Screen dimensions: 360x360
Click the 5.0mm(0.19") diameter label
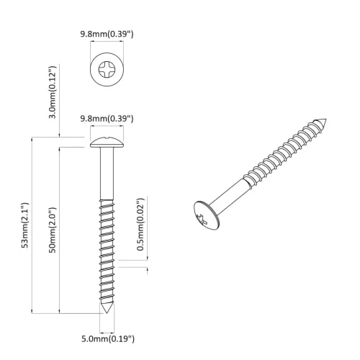coord(107,338)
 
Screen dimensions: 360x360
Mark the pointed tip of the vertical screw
coord(107,309)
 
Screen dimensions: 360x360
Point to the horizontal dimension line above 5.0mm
coord(107,328)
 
